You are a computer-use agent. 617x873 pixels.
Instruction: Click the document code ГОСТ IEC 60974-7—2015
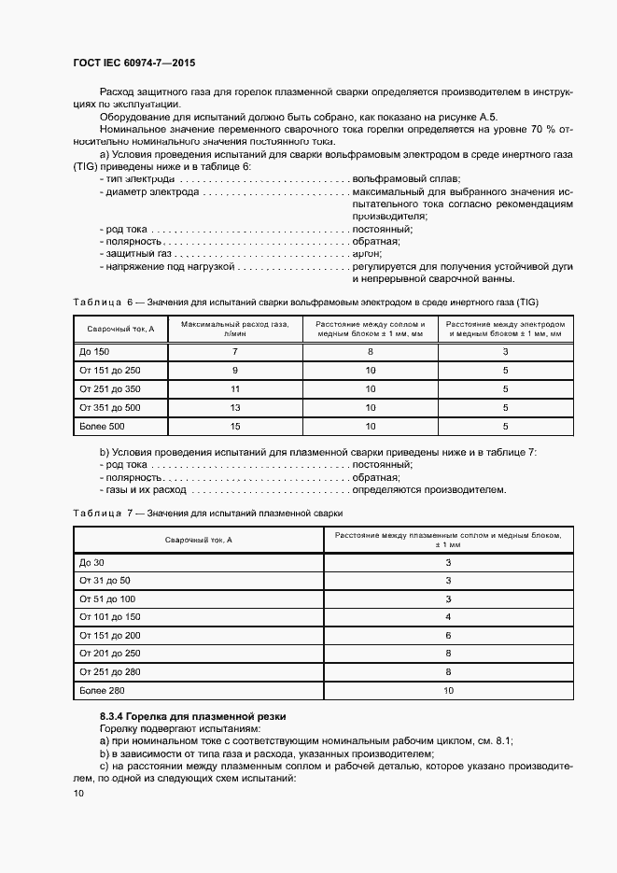133,63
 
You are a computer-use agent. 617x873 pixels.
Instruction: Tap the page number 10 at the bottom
78,794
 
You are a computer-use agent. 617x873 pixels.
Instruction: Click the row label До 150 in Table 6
94,352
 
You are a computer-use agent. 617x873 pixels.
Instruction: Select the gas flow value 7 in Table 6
235,352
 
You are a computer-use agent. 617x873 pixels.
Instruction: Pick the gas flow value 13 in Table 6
235,408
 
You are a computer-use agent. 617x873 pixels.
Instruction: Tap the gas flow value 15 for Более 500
235,427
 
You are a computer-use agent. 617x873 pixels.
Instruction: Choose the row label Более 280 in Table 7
102,691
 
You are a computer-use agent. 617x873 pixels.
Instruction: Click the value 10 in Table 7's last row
448,691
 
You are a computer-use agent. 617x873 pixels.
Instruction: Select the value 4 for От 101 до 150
448,617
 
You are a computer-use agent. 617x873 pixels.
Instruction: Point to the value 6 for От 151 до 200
448,636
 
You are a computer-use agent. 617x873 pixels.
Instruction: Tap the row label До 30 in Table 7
91,562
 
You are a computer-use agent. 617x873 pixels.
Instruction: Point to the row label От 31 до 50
105,581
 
